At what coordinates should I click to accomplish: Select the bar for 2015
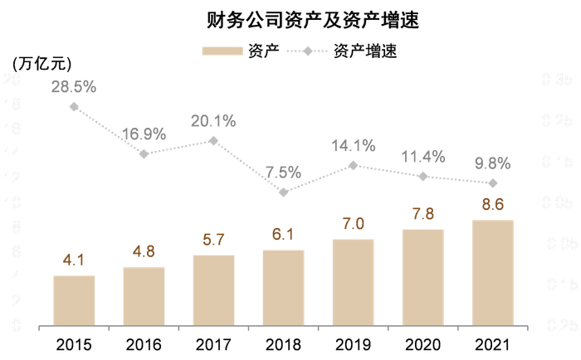tap(74, 300)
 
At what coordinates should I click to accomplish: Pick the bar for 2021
tap(493, 273)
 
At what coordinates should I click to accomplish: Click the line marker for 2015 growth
tap(74, 106)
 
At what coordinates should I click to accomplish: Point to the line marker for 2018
tap(284, 192)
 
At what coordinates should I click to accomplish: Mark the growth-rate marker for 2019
tap(354, 165)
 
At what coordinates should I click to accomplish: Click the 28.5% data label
tap(74, 87)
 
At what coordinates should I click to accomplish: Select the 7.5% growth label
tap(284, 173)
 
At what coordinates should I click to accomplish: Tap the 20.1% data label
tap(213, 121)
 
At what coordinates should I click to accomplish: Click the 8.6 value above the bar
tap(493, 204)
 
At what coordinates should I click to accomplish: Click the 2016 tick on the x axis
tap(144, 343)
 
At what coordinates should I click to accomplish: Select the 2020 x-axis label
tap(423, 343)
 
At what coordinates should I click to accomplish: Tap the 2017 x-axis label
tap(213, 343)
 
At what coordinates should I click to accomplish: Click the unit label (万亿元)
tap(41, 62)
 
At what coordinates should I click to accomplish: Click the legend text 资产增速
tap(365, 51)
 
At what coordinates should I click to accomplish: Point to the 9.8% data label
tap(493, 163)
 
